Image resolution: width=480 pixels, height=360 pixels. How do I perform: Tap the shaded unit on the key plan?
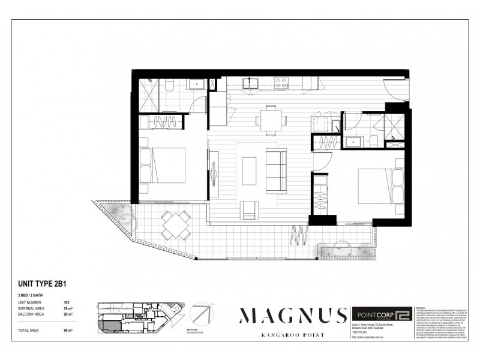pyautogui.click(x=112, y=325)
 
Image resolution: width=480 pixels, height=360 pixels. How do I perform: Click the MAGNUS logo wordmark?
pyautogui.click(x=293, y=316)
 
